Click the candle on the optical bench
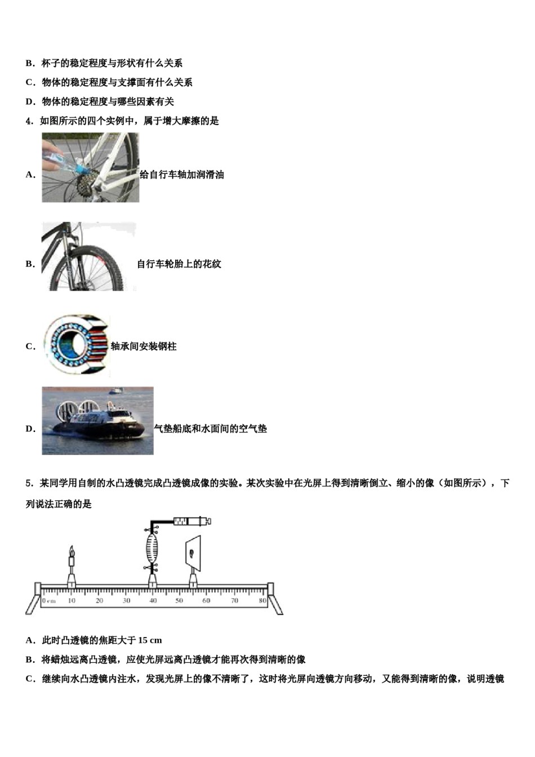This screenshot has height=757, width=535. pos(72,559)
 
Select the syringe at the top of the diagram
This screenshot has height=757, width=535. pos(192,521)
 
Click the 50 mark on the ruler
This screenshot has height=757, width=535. pos(179,600)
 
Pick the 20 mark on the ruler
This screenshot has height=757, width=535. pos(99,600)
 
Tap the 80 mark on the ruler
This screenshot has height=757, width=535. pos(262,600)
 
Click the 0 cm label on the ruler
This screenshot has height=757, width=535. pos(49,601)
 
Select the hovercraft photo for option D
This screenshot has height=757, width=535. pos(97,420)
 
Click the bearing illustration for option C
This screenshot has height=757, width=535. pos(76,345)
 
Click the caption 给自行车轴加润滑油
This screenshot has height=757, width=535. pos(182,175)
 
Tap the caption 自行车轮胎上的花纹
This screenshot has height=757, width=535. pos(179,264)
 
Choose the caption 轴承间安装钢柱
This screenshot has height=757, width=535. pos(144,346)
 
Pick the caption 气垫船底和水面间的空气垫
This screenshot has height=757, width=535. pos(211,429)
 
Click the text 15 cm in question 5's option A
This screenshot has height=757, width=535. pos(150,640)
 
